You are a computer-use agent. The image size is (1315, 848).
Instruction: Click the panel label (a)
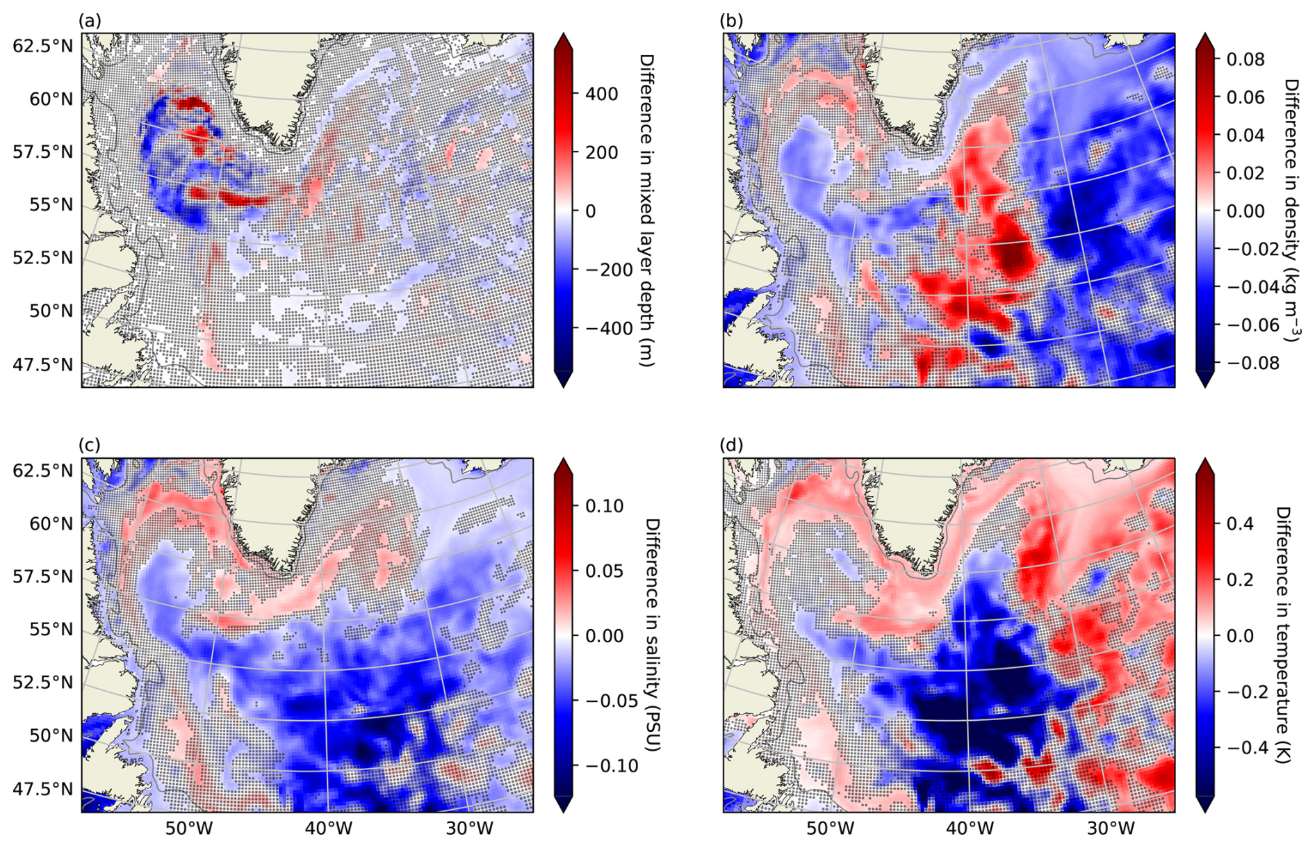[x=90, y=21]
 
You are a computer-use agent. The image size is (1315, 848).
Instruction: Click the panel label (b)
[x=732, y=21]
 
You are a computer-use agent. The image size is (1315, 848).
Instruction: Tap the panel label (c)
[x=90, y=445]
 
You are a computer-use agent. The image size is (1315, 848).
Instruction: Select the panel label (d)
[x=732, y=445]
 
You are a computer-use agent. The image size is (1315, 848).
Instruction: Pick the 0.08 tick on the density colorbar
[x=1245, y=59]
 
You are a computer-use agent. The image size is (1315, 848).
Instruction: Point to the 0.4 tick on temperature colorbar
[x=1238, y=523]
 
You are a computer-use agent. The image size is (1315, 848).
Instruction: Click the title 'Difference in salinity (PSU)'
[x=651, y=635]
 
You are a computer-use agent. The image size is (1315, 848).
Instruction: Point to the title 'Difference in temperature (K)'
[x=1283, y=635]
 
